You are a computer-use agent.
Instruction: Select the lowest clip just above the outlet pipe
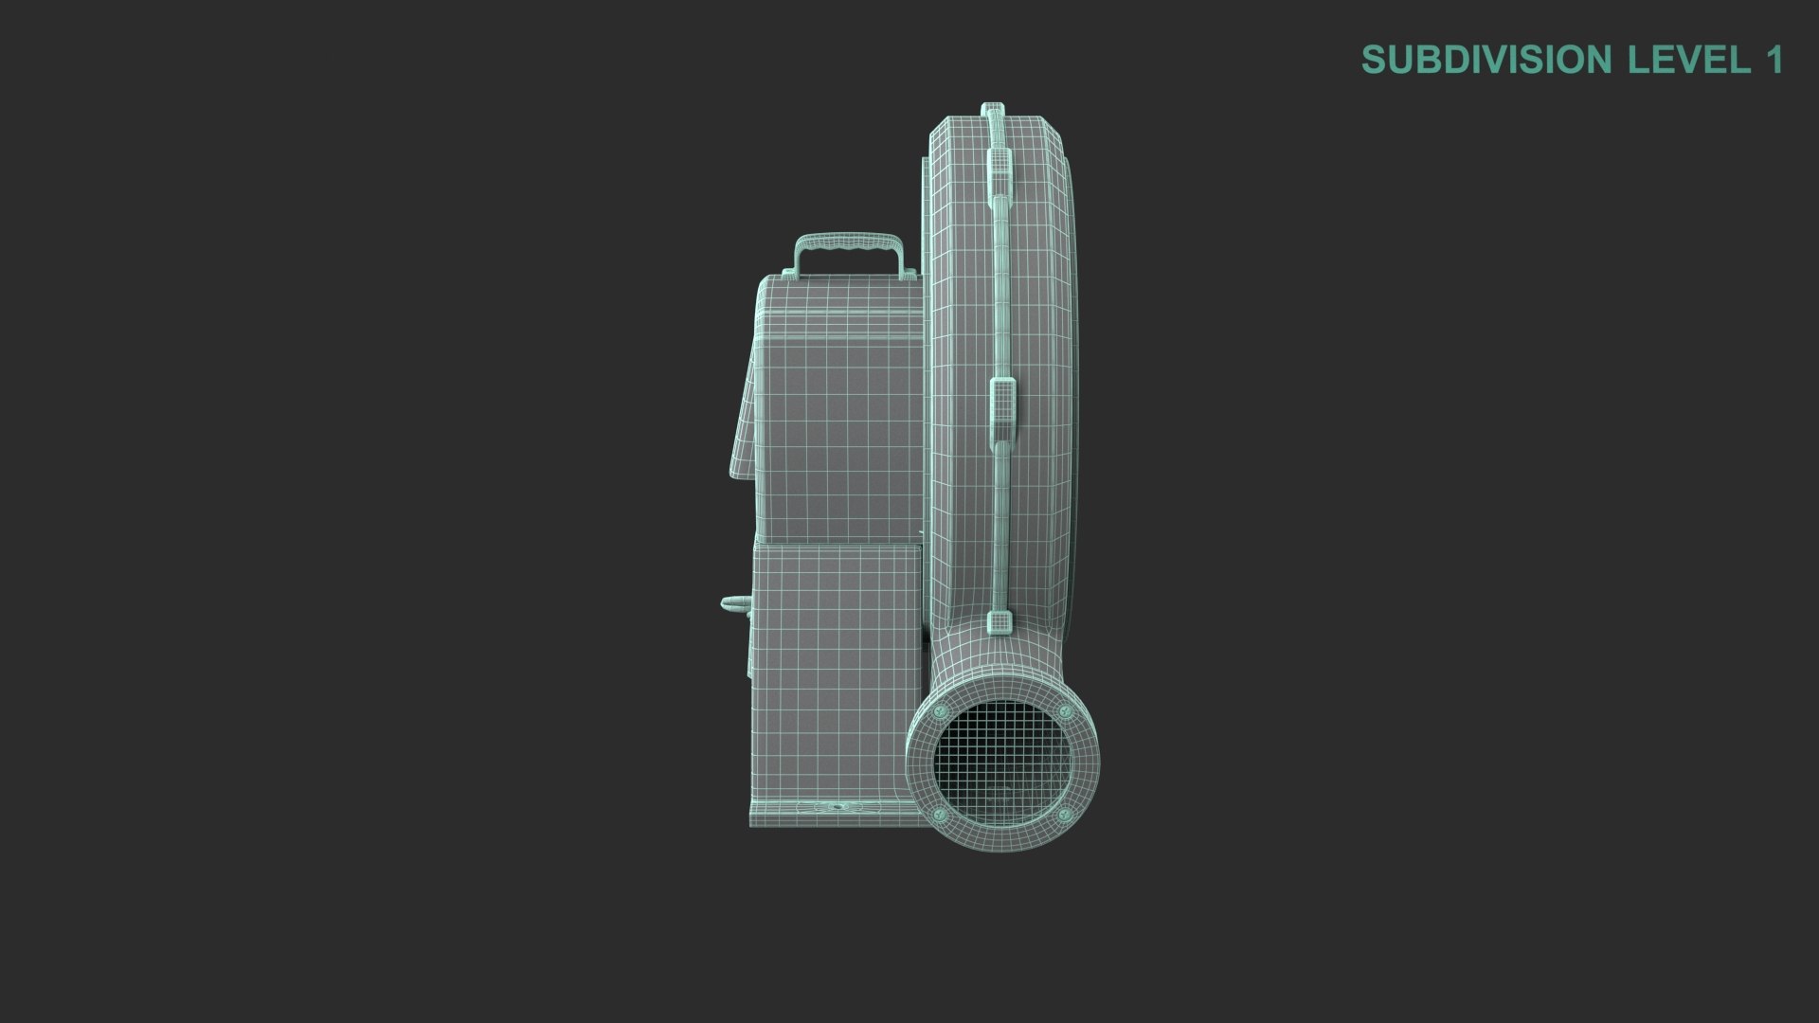999,621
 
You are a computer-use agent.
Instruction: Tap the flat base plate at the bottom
824,813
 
